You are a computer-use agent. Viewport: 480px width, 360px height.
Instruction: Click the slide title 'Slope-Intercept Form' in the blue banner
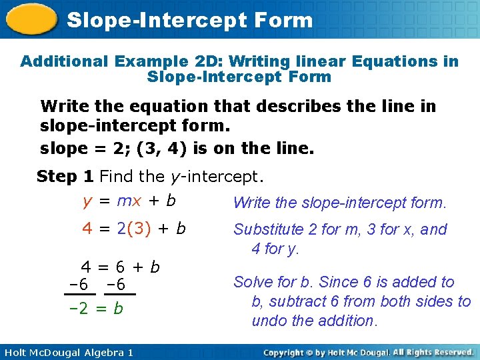pos(189,20)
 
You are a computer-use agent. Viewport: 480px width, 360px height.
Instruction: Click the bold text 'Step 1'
pos(65,177)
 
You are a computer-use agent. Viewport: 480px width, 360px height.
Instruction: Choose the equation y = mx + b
pos(129,201)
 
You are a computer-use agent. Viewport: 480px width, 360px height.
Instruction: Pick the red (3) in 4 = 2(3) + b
pos(139,229)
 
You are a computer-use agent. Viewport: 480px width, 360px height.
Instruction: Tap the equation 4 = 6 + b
pos(121,267)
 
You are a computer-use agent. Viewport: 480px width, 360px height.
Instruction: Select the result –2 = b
pos(97,309)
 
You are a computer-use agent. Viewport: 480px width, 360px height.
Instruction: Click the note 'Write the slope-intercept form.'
pos(339,203)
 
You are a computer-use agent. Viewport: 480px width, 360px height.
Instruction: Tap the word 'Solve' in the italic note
pos(251,282)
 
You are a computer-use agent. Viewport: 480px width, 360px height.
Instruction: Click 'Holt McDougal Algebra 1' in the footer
pos(68,352)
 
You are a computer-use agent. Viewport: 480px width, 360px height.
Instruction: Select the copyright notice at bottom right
pos(368,352)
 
